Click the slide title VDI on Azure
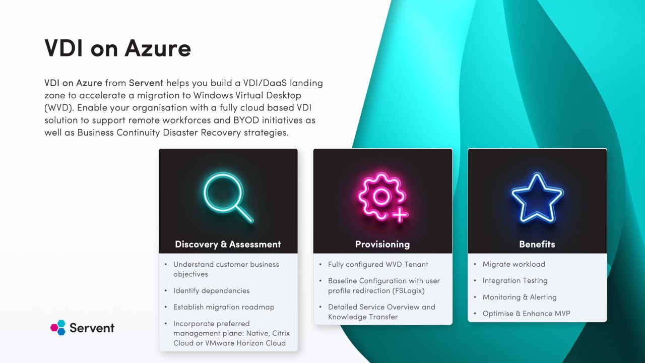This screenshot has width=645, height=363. click(x=117, y=48)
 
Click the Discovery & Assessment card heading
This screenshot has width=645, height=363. click(x=228, y=245)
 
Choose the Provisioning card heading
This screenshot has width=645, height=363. click(x=382, y=245)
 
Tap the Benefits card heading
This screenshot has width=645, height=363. click(x=537, y=245)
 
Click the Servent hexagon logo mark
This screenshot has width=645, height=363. click(x=58, y=328)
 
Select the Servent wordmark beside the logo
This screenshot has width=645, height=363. click(x=92, y=328)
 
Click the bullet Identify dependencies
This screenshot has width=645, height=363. click(x=211, y=290)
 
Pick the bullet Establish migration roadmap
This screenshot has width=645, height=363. click(x=224, y=307)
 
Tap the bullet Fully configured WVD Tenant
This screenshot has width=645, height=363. click(x=378, y=264)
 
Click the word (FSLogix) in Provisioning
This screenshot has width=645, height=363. click(x=409, y=290)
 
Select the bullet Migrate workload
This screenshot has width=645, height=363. click(x=513, y=264)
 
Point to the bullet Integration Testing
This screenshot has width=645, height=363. click(x=515, y=281)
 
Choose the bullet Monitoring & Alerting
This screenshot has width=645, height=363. click(x=520, y=297)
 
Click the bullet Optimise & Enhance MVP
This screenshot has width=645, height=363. click(x=526, y=314)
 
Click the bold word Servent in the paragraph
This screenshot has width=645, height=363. click(x=146, y=83)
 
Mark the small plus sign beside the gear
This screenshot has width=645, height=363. click(x=400, y=215)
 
